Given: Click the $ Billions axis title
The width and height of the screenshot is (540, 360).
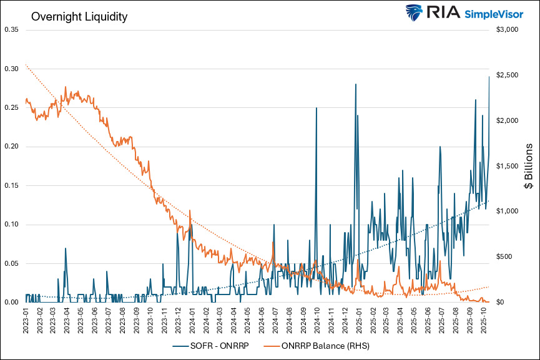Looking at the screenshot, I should click(528, 166).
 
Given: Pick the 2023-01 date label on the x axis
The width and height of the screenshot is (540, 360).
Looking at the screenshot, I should click(26, 321).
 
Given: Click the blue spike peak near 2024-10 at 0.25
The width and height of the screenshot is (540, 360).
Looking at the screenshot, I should click(317, 108).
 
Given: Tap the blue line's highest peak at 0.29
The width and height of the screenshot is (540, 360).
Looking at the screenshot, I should click(489, 77).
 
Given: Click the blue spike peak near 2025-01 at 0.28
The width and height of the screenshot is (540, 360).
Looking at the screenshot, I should click(355, 84).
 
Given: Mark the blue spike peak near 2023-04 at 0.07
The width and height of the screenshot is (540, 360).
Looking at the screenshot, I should click(65, 248).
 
